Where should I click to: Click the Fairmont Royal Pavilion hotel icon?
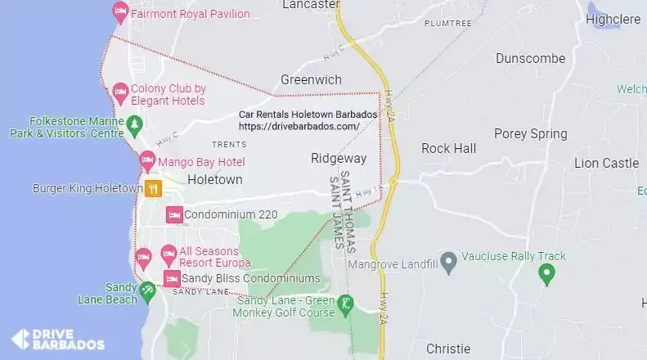(x=120, y=13)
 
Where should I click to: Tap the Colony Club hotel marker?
(x=120, y=93)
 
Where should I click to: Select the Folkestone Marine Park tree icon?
(x=135, y=125)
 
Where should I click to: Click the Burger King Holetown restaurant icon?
(x=153, y=188)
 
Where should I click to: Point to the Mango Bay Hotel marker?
(x=147, y=161)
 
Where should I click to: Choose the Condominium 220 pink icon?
(x=173, y=214)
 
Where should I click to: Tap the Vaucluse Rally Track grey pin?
(x=448, y=262)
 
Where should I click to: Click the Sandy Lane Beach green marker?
(x=148, y=290)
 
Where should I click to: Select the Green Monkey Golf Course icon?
(x=346, y=305)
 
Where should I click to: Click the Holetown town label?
(x=215, y=178)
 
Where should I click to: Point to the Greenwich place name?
(x=311, y=79)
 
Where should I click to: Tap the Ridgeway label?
(x=339, y=158)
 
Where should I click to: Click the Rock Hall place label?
(x=448, y=148)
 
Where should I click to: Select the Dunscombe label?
(x=530, y=58)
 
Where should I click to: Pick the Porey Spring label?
(x=530, y=133)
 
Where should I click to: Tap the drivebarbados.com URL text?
(x=299, y=127)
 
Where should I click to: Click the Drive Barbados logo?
(x=57, y=340)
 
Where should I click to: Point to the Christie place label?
(x=448, y=349)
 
